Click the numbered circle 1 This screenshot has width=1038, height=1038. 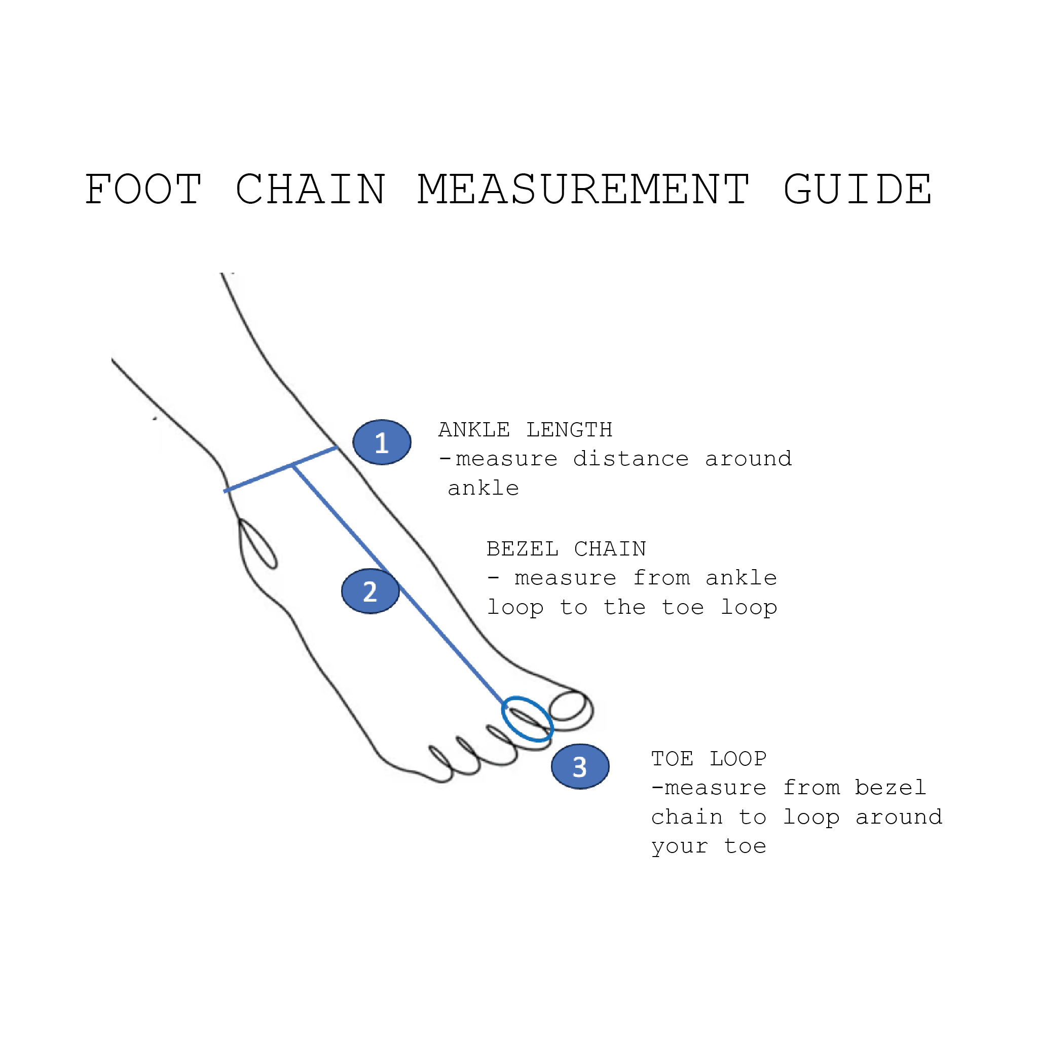[382, 442]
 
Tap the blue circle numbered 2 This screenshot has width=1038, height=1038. [370, 591]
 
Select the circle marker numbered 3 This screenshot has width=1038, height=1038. [580, 767]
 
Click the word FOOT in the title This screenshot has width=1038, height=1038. [143, 190]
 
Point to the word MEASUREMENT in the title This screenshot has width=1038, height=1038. [583, 190]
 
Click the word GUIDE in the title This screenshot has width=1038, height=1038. [858, 190]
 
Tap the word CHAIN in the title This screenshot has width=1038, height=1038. [311, 190]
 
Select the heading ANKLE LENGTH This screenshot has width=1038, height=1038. [525, 430]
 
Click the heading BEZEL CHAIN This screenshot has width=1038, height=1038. [566, 549]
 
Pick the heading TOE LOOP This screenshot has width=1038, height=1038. [709, 759]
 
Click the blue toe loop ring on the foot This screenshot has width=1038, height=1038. [527, 719]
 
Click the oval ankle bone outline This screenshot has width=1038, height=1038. [258, 544]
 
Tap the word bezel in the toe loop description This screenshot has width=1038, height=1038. [890, 788]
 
